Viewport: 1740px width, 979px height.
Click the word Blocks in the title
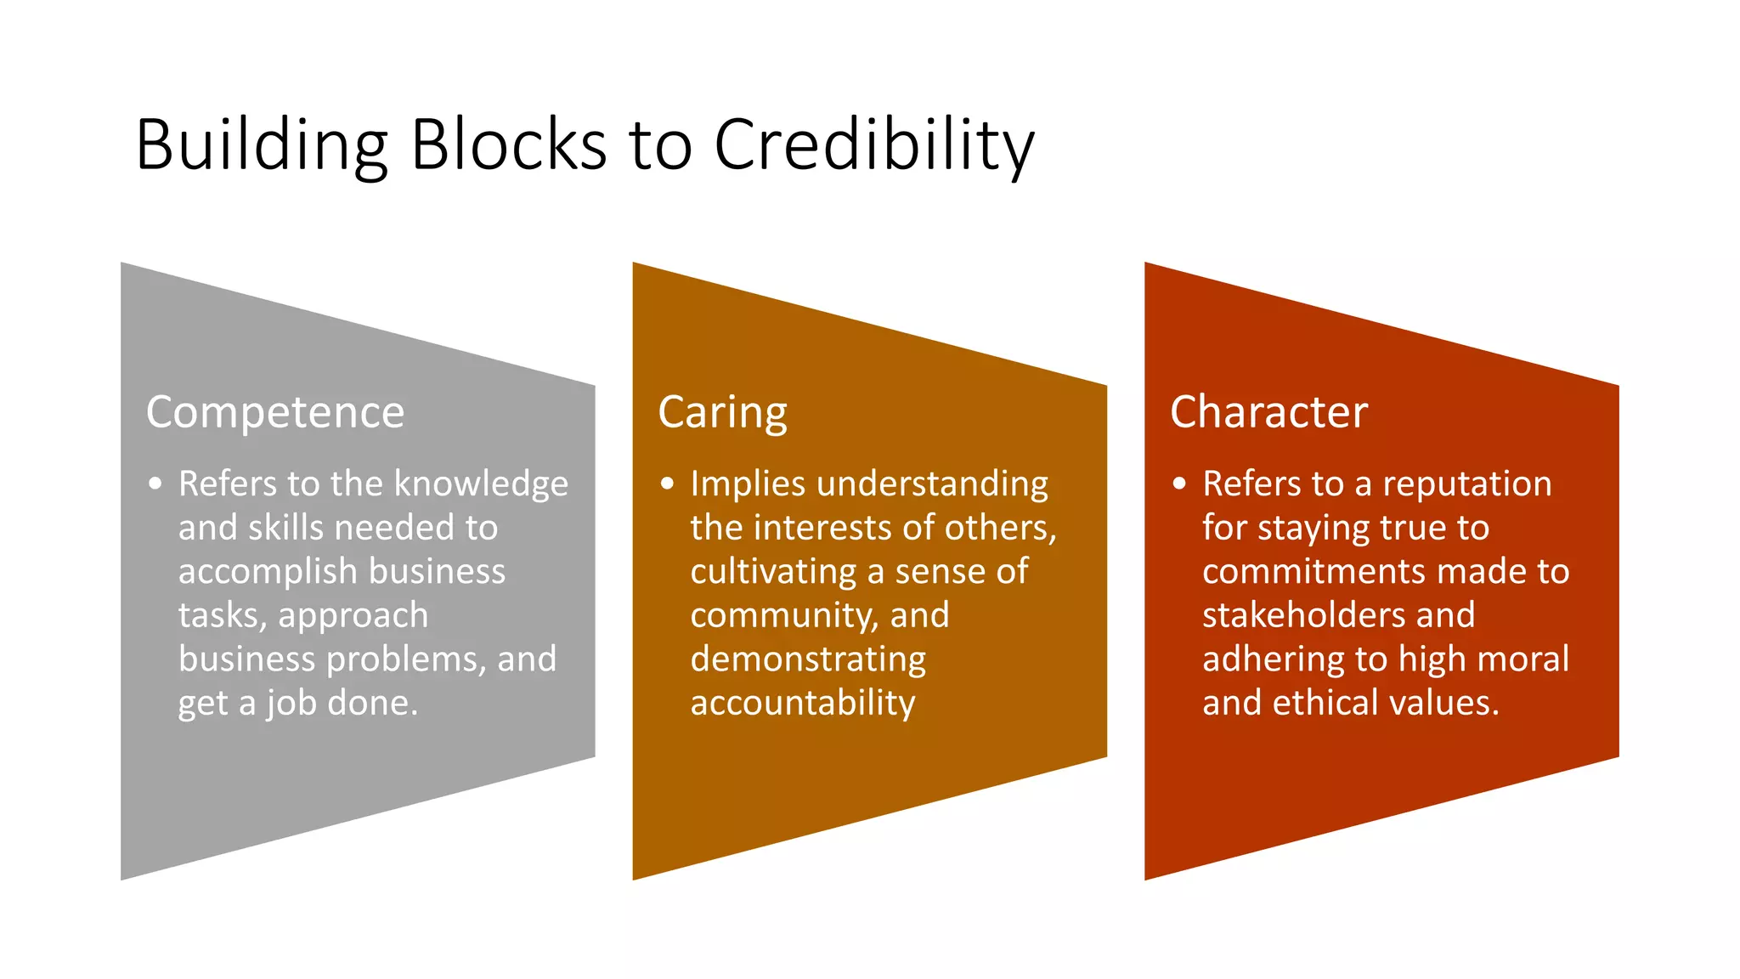507,144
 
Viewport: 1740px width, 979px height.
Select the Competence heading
274,413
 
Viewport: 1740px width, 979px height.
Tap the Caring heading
722,413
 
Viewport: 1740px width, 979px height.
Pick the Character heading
1268,412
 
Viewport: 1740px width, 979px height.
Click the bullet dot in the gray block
155,484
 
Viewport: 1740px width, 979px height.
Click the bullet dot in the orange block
667,484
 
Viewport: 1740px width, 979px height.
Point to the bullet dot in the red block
1179,484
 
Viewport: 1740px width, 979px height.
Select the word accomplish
268,572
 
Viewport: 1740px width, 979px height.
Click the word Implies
748,484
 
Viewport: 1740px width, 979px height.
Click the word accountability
802,704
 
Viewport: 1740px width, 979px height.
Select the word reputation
1466,484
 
